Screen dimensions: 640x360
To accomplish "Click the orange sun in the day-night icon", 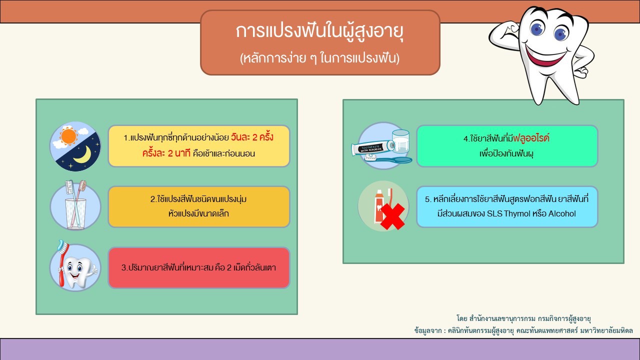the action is click(x=68, y=136).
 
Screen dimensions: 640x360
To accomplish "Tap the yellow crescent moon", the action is click(x=83, y=155).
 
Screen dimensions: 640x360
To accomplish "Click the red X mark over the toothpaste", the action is click(x=392, y=216).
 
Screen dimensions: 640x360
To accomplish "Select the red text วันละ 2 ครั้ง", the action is click(x=252, y=137).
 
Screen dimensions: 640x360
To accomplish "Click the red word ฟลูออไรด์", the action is click(x=531, y=138).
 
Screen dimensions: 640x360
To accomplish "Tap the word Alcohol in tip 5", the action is click(x=562, y=213).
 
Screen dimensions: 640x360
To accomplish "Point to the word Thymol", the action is click(x=517, y=213).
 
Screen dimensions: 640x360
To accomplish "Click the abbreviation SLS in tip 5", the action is click(x=494, y=213).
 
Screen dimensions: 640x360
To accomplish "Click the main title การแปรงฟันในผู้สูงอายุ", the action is click(x=319, y=31).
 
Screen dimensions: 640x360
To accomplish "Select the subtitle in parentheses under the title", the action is click(x=319, y=58).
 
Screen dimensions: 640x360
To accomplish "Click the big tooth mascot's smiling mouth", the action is click(x=544, y=55).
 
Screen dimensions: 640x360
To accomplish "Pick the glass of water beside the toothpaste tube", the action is click(x=401, y=141).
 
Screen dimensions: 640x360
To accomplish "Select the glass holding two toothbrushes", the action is click(x=75, y=213).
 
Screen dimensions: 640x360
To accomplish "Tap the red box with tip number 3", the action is click(x=199, y=267).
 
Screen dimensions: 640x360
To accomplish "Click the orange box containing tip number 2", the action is click(x=199, y=207).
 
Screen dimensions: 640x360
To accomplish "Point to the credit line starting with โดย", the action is click(x=523, y=318).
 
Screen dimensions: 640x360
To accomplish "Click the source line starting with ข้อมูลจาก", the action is click(x=523, y=331).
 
